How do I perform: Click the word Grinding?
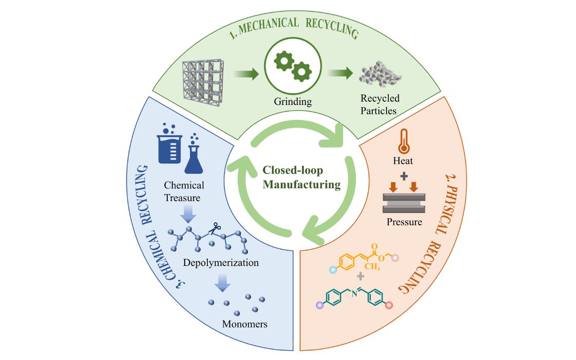[x=293, y=101]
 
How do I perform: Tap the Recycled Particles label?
[x=380, y=104]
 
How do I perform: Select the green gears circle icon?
[x=293, y=66]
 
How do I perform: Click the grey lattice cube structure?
[x=203, y=82]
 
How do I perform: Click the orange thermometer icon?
[x=403, y=141]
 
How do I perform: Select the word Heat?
[x=403, y=160]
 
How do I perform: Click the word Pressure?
[x=404, y=222]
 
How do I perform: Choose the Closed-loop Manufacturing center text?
[x=301, y=177]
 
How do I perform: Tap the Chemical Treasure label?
[x=183, y=191]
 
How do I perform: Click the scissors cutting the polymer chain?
[x=214, y=228]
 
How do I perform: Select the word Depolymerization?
[x=221, y=263]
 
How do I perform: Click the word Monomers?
[x=245, y=324]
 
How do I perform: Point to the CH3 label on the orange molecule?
[x=372, y=266]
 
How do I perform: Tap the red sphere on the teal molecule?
[x=389, y=305]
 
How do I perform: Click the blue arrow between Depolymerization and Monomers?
[x=223, y=282]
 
